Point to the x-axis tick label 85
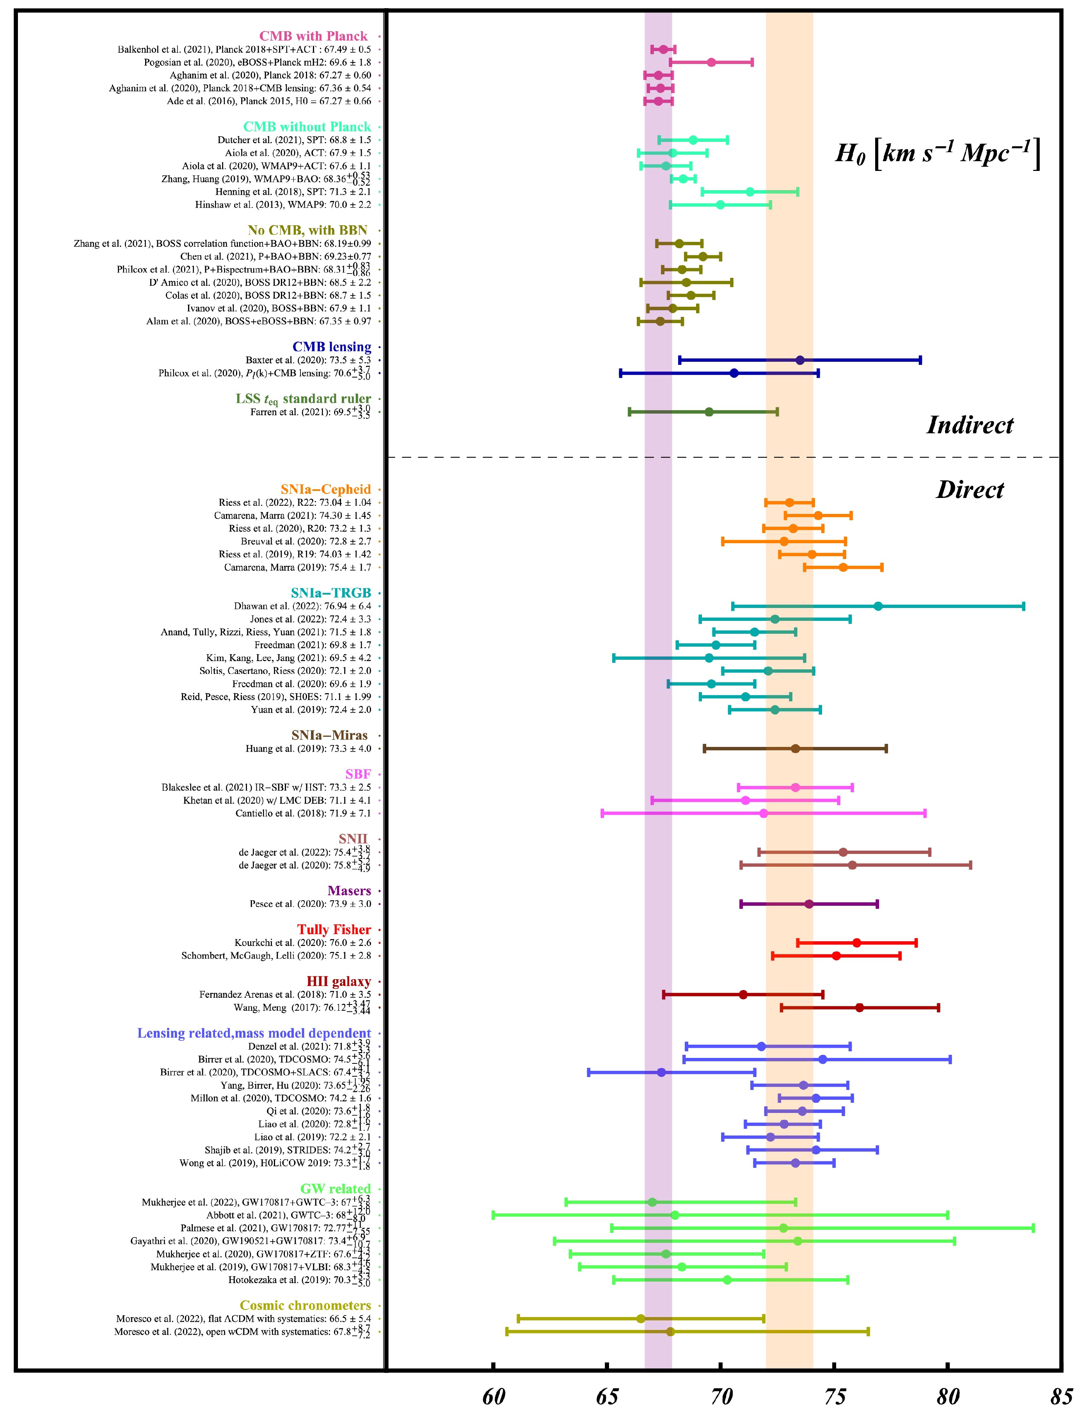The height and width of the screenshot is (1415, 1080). pos(1061,1396)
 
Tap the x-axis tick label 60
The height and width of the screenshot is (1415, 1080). pos(493,1396)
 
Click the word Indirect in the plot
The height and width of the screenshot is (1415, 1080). pos(970,425)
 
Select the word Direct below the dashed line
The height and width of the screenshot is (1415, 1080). pos(970,490)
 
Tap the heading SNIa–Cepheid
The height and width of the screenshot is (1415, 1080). pos(325,489)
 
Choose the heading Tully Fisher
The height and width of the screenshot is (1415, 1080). pos(334,930)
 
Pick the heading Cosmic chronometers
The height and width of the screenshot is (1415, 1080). pos(306,1305)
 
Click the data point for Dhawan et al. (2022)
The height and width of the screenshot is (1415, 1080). pos(878,606)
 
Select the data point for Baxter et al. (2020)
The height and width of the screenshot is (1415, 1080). pos(800,360)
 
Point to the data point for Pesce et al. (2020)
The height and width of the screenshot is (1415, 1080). pos(809,904)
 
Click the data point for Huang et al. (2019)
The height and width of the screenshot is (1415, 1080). pos(795,748)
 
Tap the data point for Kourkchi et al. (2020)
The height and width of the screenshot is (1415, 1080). pos(857,942)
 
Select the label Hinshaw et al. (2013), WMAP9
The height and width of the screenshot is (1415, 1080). pos(283,204)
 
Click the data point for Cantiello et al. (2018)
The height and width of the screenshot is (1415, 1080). pos(764,813)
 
